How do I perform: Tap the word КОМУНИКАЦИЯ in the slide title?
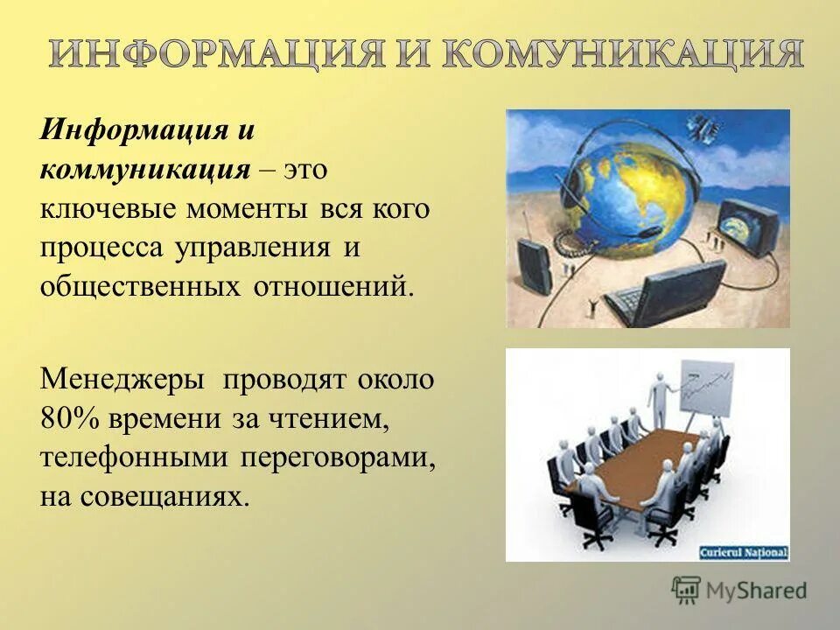click(621, 54)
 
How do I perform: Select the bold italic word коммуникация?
click(144, 168)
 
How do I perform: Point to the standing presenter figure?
click(658, 394)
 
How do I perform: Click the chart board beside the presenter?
click(705, 385)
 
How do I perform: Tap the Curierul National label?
click(743, 552)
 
